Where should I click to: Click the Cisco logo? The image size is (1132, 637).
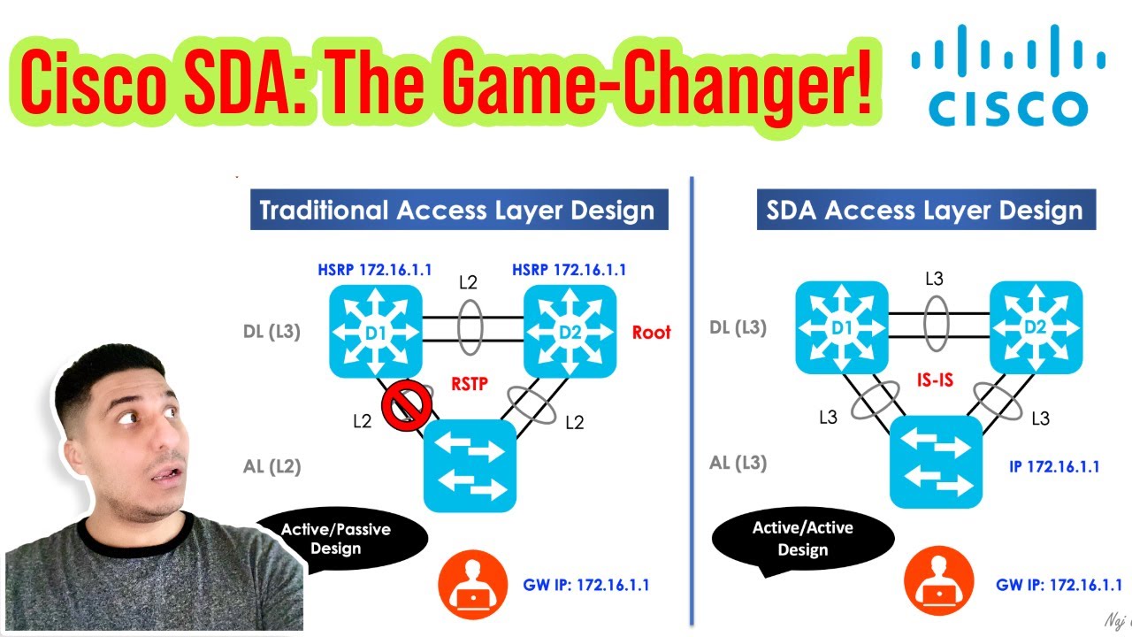tap(1008, 75)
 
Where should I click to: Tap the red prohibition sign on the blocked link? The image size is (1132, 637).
tap(406, 406)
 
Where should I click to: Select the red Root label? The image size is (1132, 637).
tap(651, 333)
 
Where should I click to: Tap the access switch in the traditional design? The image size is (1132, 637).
tap(470, 465)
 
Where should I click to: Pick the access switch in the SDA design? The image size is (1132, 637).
tap(936, 461)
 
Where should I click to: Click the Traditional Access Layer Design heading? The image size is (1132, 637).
tap(457, 211)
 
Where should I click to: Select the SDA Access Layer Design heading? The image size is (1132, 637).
tap(924, 211)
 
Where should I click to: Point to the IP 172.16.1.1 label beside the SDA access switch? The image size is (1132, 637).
tap(1054, 466)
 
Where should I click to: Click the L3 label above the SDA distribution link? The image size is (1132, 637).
tap(934, 280)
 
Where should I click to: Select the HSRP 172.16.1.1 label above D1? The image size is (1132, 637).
tap(375, 269)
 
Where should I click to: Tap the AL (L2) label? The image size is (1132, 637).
tap(271, 466)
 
